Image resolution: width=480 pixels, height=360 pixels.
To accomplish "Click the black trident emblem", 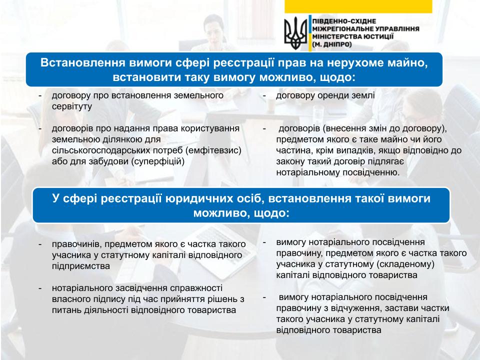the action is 295,33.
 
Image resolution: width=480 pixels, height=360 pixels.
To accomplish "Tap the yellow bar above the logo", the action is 358,6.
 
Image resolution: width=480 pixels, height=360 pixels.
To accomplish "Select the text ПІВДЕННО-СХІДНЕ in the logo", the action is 344,21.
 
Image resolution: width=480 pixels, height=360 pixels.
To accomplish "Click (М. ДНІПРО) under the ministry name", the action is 332,44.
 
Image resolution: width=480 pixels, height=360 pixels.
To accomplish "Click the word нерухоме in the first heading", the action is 350,63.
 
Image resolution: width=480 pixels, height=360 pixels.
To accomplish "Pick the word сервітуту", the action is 72,106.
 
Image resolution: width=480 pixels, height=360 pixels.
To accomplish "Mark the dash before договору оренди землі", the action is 264,95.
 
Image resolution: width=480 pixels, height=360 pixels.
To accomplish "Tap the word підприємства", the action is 81,266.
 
